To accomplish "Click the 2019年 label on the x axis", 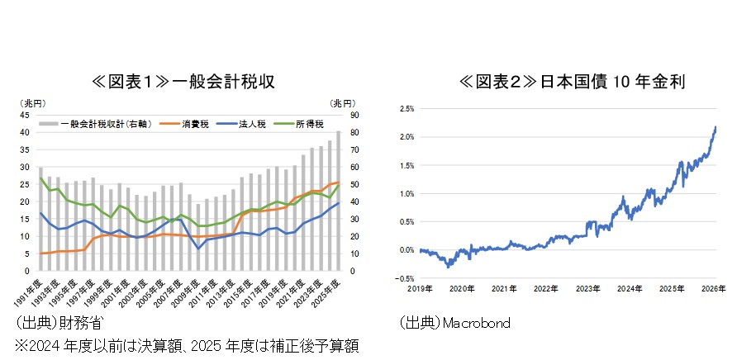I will [x=420, y=288].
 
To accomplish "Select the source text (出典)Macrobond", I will [x=454, y=323].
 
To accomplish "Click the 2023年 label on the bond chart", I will [x=588, y=288].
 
